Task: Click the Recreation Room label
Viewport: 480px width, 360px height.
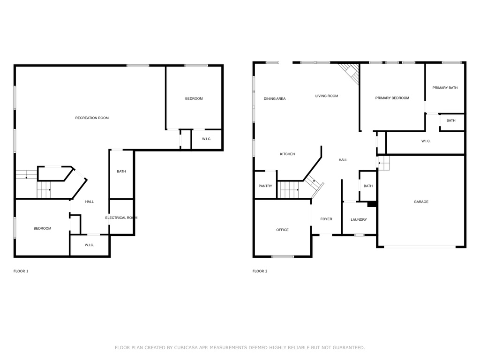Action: pyautogui.click(x=92, y=118)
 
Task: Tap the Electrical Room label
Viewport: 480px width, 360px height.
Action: pyautogui.click(x=121, y=217)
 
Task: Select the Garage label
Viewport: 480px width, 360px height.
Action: pyautogui.click(x=421, y=202)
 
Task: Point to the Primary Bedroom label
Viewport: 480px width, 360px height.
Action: pyautogui.click(x=392, y=98)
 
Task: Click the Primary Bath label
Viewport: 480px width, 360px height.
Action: pyautogui.click(x=445, y=88)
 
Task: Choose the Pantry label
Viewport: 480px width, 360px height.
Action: pyautogui.click(x=265, y=186)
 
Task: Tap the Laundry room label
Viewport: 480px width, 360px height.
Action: pyautogui.click(x=359, y=219)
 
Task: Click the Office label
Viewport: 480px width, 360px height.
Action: pyautogui.click(x=282, y=230)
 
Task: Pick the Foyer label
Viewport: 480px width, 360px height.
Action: pyautogui.click(x=326, y=219)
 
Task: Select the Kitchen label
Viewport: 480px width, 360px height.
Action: pyautogui.click(x=287, y=154)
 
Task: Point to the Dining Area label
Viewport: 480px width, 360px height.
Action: pyautogui.click(x=275, y=98)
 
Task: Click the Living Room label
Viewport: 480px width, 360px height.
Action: pyautogui.click(x=327, y=96)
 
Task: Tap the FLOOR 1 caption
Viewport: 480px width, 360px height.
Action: pyautogui.click(x=21, y=271)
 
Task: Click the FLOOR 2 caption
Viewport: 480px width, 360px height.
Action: pyautogui.click(x=260, y=271)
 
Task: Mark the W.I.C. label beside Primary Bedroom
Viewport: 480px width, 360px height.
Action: pyautogui.click(x=426, y=141)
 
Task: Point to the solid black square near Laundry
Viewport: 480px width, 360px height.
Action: pyautogui.click(x=372, y=204)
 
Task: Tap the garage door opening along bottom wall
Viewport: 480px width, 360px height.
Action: pyautogui.click(x=420, y=247)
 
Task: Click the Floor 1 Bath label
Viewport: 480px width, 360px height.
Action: pyautogui.click(x=121, y=172)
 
